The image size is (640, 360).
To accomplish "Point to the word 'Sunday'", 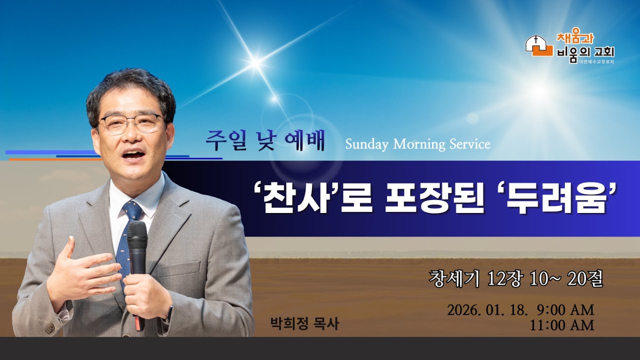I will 366,144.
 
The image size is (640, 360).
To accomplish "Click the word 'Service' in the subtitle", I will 468,144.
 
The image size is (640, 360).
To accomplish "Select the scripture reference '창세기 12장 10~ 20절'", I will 516,278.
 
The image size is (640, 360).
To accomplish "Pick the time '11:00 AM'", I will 562,325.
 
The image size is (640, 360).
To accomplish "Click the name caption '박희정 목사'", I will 304,324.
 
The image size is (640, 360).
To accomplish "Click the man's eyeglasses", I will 131,123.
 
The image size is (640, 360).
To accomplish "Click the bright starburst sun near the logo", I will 540,90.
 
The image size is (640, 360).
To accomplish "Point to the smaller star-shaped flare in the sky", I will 255,62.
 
